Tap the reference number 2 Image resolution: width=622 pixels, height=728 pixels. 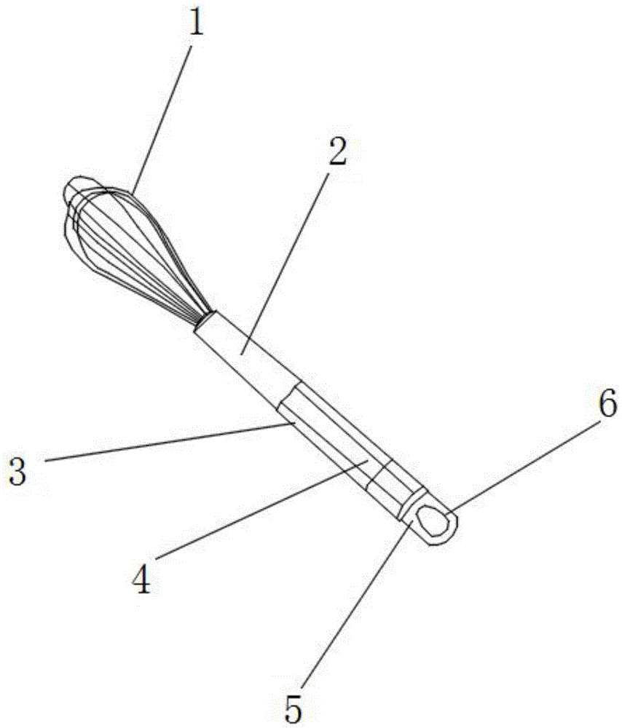(338, 151)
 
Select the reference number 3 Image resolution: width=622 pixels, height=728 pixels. (17, 470)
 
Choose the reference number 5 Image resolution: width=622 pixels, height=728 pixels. (293, 708)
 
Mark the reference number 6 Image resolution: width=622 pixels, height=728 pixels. (607, 403)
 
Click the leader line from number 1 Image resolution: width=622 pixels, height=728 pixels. (162, 119)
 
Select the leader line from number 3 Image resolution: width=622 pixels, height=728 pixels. (169, 442)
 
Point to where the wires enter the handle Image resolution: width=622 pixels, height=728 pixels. (205, 320)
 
